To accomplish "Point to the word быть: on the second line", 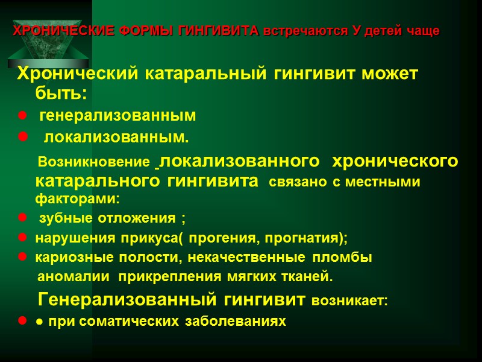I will point(61,94).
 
